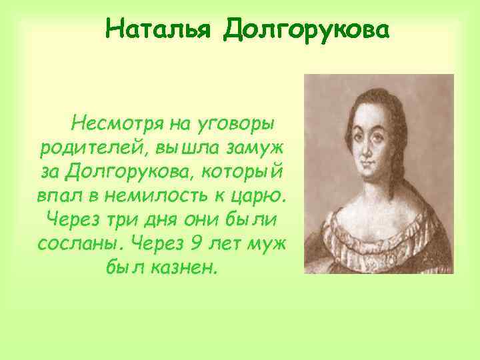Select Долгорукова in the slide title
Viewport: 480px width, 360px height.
pos(305,29)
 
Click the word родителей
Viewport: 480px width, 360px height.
pos(85,147)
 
